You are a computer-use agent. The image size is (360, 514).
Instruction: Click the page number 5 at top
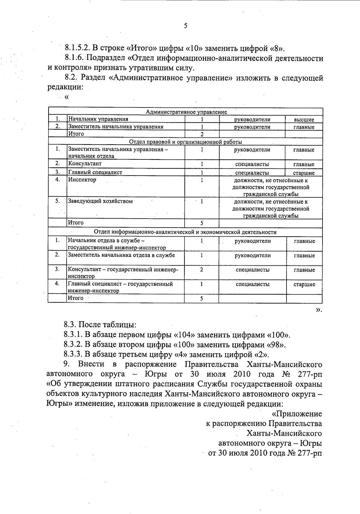tap(185, 26)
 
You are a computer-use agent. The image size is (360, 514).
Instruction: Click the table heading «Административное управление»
tap(186, 112)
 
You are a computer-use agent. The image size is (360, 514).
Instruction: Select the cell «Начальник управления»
tap(98, 119)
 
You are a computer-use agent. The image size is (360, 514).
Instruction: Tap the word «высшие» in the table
tap(304, 119)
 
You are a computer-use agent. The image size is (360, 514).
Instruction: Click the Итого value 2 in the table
tap(202, 134)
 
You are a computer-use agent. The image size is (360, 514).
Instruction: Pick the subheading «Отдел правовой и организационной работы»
tap(185, 142)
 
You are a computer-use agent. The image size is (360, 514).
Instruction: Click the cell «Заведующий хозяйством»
tap(100, 201)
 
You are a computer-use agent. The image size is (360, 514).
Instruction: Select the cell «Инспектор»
tap(82, 180)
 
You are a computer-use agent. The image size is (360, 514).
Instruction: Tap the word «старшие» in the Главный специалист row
tap(304, 173)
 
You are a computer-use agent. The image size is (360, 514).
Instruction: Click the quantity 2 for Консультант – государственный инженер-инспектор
tap(201, 270)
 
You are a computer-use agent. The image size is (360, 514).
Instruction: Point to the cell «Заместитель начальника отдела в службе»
tap(121, 255)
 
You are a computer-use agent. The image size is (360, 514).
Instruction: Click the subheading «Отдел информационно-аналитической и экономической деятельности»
tap(185, 232)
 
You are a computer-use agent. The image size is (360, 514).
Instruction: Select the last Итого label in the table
tap(76, 298)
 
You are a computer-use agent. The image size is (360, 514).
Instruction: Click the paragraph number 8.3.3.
tap(73, 354)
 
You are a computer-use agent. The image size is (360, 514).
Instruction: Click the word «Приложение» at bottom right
tap(297, 414)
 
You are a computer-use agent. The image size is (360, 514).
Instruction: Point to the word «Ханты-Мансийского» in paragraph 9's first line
tap(284, 364)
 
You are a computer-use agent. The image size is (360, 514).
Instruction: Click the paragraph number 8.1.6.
tap(74, 58)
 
